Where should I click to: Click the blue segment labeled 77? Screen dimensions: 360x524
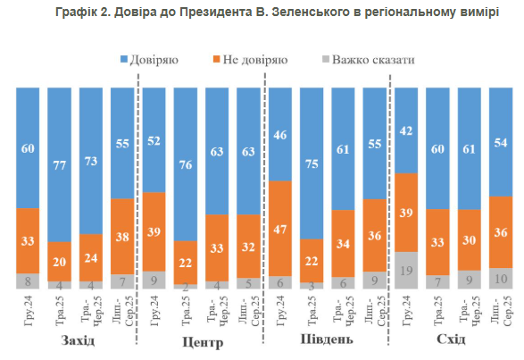coord(61,163)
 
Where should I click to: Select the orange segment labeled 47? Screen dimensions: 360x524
coord(281,229)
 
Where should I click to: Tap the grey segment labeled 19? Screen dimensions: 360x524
coord(407,270)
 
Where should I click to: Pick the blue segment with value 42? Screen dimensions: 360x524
coord(407,130)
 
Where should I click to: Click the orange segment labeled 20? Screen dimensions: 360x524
coord(61,261)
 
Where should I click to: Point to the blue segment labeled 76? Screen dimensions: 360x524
coord(187,163)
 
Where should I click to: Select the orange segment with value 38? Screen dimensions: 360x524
coord(123,237)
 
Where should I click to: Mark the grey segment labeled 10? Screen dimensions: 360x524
coord(501,279)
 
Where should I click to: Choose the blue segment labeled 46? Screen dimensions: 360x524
coord(281,134)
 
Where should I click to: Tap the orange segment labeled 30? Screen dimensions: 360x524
coord(470,239)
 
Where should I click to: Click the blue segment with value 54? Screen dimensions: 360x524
coord(501,141)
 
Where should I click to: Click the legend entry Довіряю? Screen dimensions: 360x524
coord(152,60)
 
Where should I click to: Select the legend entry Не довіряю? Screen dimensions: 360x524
coord(253,60)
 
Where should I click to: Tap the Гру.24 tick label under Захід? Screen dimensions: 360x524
coord(29,315)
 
